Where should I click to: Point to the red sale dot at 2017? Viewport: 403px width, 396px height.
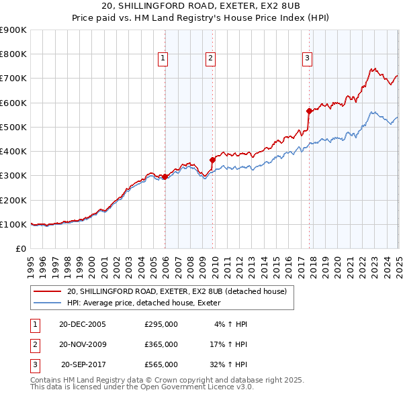pyautogui.click(x=309, y=111)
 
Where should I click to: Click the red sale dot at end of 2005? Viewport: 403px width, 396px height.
pyautogui.click(x=165, y=177)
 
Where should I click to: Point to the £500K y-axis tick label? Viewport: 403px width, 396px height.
pyautogui.click(x=13, y=127)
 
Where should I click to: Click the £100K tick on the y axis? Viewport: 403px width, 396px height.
pyautogui.click(x=13, y=224)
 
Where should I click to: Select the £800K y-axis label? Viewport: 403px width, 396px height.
pyautogui.click(x=13, y=54)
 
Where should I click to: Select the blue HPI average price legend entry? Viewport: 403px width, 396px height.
pyautogui.click(x=148, y=303)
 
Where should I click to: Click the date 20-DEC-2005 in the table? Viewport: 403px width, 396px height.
pyautogui.click(x=83, y=324)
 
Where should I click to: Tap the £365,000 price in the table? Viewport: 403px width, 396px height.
pyautogui.click(x=161, y=344)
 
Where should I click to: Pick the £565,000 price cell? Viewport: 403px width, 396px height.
pyautogui.click(x=161, y=364)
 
